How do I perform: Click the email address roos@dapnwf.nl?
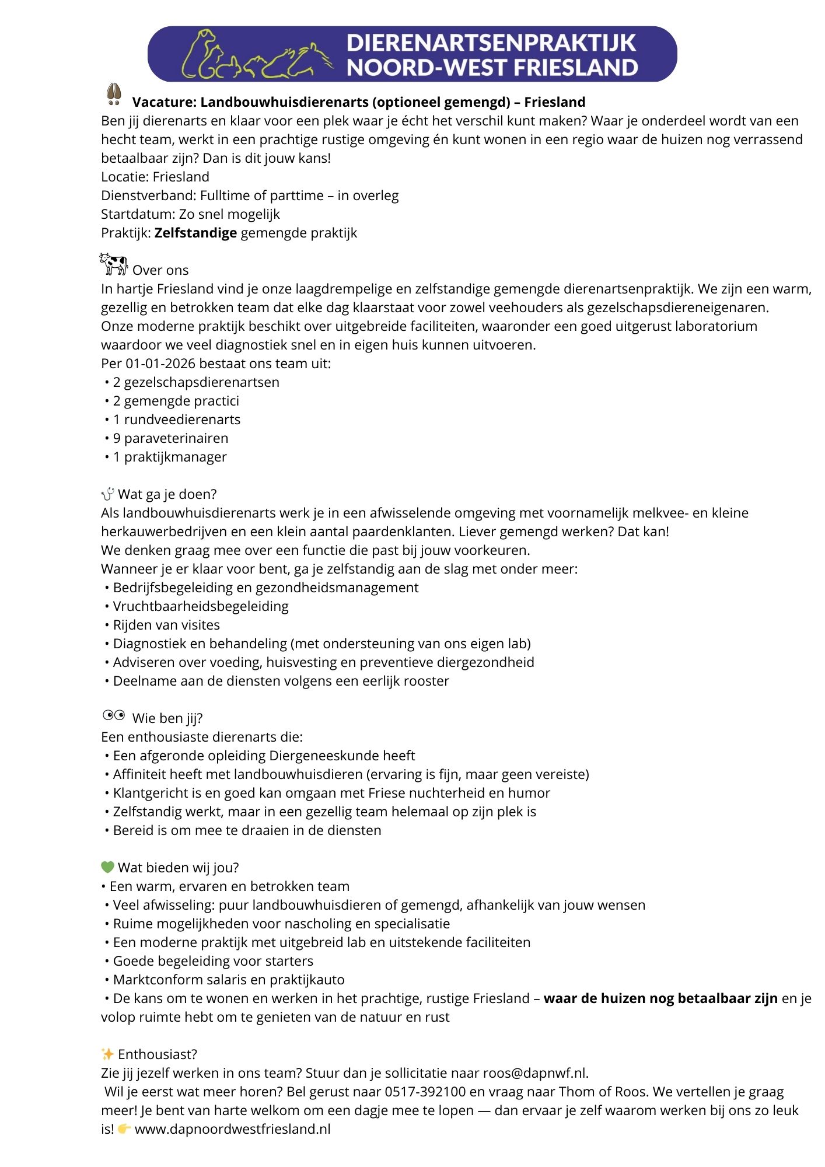pyautogui.click(x=535, y=1073)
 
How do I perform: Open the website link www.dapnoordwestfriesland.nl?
pyautogui.click(x=232, y=1129)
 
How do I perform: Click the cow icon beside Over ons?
pyautogui.click(x=113, y=264)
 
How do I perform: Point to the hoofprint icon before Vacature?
pyautogui.click(x=114, y=95)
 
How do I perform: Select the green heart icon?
pyautogui.click(x=107, y=867)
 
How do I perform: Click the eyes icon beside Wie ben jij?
pyautogui.click(x=114, y=715)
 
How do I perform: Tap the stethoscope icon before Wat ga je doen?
pyautogui.click(x=107, y=494)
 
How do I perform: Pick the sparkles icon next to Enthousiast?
pyautogui.click(x=107, y=1054)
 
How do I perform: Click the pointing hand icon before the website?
pyautogui.click(x=124, y=1129)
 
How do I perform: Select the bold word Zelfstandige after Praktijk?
pyautogui.click(x=195, y=233)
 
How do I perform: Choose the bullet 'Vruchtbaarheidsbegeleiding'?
pyautogui.click(x=201, y=606)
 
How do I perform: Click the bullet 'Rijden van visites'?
pyautogui.click(x=166, y=625)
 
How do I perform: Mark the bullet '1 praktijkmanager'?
pyautogui.click(x=170, y=457)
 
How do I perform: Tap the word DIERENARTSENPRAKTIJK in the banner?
pyautogui.click(x=491, y=43)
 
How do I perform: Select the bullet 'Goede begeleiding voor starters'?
pyautogui.click(x=213, y=961)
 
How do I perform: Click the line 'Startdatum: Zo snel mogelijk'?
pyautogui.click(x=190, y=214)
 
